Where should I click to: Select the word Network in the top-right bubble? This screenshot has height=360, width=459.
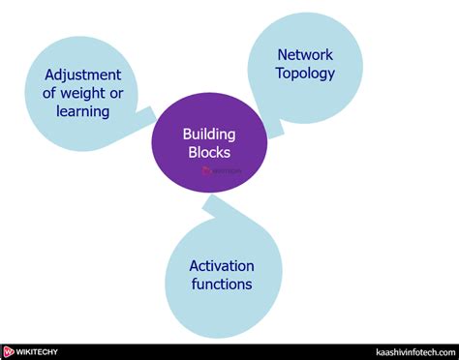305,54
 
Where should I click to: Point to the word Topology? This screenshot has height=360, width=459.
305,73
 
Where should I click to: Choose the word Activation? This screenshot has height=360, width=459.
222,265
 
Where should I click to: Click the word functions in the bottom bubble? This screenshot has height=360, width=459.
222,284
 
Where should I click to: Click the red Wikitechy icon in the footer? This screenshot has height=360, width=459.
9,351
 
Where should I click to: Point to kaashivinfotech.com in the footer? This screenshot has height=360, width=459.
413,351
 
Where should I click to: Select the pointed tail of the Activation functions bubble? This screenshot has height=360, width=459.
208,204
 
